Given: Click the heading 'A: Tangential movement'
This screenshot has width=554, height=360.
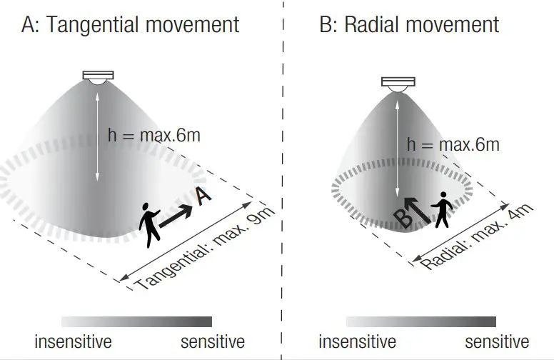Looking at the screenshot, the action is (130, 25).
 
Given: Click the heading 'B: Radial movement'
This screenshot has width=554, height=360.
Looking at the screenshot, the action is (409, 25).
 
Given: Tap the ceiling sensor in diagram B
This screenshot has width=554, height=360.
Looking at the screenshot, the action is (398, 84).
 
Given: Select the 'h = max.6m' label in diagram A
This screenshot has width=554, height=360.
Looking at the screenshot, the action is (153, 134).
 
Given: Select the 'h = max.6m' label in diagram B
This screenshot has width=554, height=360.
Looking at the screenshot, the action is (453, 144).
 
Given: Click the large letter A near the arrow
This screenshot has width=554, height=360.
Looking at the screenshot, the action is (203, 196).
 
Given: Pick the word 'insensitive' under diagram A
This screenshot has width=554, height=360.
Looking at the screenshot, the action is (73, 342).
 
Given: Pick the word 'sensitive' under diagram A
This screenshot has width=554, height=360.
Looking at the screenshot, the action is (212, 342).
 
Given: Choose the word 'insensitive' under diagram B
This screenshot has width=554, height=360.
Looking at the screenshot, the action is (357, 342).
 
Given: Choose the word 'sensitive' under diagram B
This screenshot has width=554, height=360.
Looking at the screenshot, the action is (497, 342).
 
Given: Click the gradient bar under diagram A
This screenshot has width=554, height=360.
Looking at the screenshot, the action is (136, 321).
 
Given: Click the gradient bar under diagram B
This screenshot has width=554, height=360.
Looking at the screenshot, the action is (421, 321).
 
